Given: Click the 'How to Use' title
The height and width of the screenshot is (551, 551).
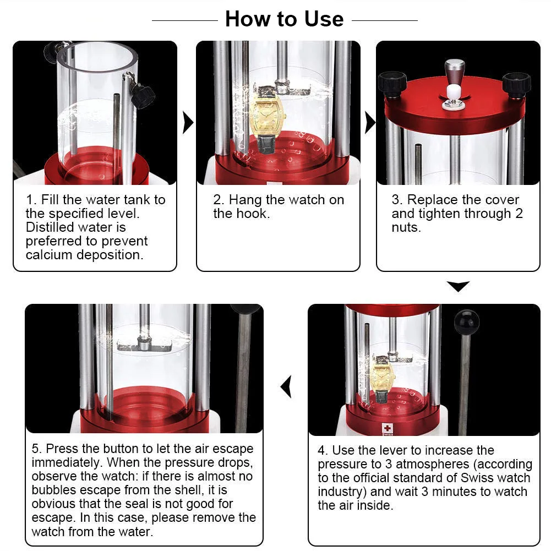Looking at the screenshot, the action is pyautogui.click(x=284, y=19).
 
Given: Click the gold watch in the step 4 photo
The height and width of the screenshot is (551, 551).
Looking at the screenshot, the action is pyautogui.click(x=383, y=379).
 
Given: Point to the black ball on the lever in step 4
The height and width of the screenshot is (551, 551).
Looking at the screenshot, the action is pyautogui.click(x=466, y=322).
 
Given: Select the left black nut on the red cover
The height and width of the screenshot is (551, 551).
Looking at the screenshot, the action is pyautogui.click(x=392, y=84).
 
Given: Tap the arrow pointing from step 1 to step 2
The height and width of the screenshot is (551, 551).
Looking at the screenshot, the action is pyautogui.click(x=188, y=123).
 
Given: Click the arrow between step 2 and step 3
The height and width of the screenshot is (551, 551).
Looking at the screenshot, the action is pyautogui.click(x=370, y=123).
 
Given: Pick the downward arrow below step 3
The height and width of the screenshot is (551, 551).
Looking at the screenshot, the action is pyautogui.click(x=458, y=286).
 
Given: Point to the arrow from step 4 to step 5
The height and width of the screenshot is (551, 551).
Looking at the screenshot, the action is pyautogui.click(x=286, y=386).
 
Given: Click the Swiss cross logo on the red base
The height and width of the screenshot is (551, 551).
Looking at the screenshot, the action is pyautogui.click(x=388, y=428).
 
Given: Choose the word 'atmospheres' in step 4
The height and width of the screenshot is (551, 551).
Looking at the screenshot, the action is pyautogui.click(x=432, y=464).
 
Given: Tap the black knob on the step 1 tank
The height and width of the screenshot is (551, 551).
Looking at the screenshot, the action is pyautogui.click(x=143, y=95).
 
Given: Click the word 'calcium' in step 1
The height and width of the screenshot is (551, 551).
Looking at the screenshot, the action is pyautogui.click(x=49, y=255).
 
